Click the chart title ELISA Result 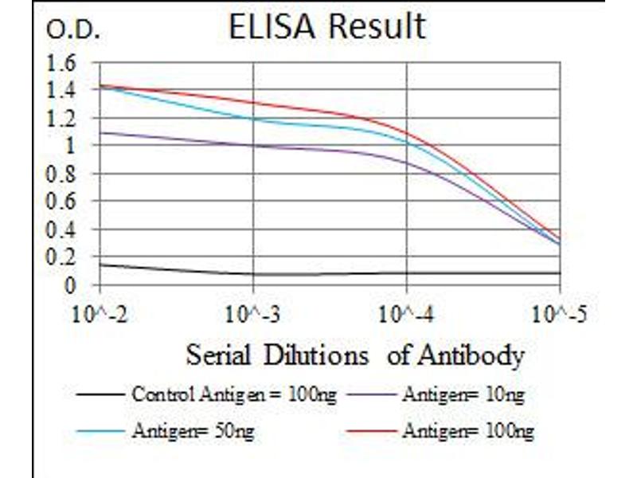[x=326, y=27]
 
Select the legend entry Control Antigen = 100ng [x=233, y=394]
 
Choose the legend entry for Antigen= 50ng [x=195, y=431]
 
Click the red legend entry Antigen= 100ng [x=467, y=431]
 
